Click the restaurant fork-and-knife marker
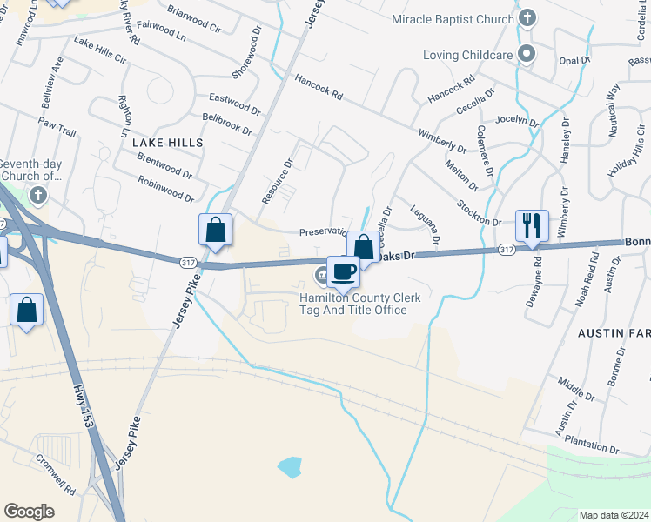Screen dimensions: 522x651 (x=531, y=226)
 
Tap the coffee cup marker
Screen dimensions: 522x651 (x=344, y=271)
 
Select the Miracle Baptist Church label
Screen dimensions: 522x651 (x=453, y=19)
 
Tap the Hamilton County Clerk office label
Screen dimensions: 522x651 (x=359, y=304)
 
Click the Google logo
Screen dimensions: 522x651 (x=30, y=512)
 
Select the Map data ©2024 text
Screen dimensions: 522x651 (x=614, y=514)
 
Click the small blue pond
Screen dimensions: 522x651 (x=289, y=467)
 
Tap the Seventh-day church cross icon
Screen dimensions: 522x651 (x=37, y=197)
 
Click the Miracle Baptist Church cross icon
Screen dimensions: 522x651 (x=527, y=18)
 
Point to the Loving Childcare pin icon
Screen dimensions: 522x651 (x=526, y=55)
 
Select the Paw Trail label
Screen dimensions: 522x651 (x=57, y=127)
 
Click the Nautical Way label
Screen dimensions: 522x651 (x=612, y=101)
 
